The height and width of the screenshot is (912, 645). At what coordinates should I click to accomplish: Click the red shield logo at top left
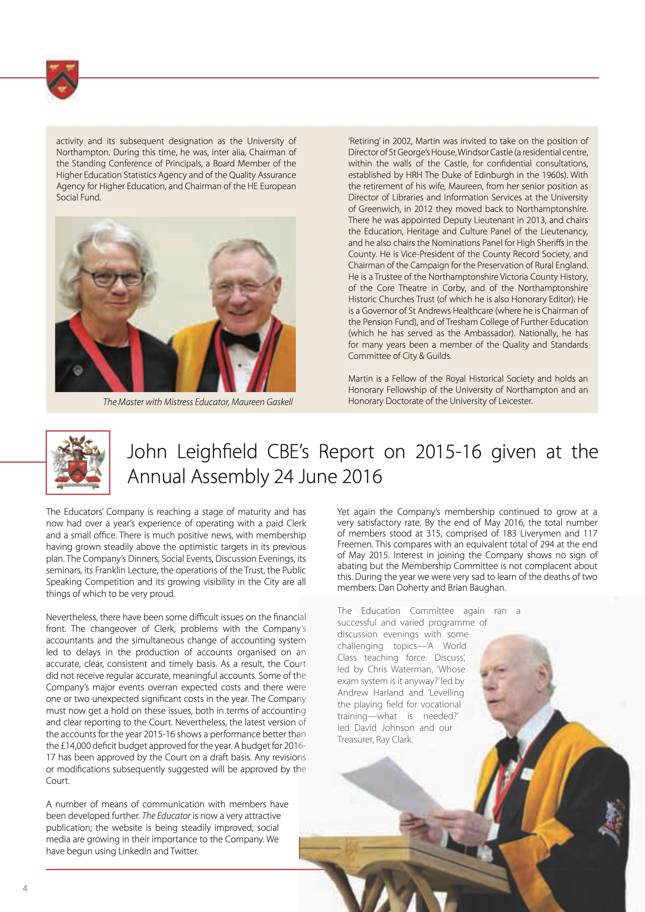pos(62,79)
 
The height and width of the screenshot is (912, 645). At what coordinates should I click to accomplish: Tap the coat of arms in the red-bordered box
pos(78,462)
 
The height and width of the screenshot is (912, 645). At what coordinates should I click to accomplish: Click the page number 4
pos(25,889)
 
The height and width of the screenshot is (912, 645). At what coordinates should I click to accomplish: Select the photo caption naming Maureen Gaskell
pos(198,402)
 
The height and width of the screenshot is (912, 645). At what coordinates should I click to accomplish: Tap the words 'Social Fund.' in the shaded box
pos(78,197)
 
